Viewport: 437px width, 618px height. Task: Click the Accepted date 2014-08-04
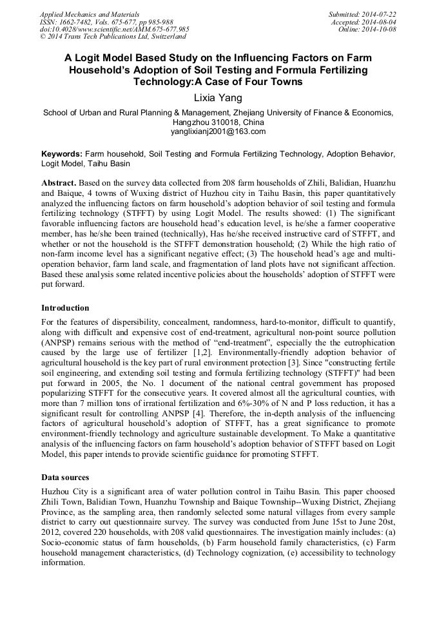(x=363, y=22)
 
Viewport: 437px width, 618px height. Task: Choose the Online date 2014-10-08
(x=367, y=30)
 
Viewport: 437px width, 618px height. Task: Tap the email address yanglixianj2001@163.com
(x=218, y=131)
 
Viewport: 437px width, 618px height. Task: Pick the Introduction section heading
(x=65, y=307)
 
